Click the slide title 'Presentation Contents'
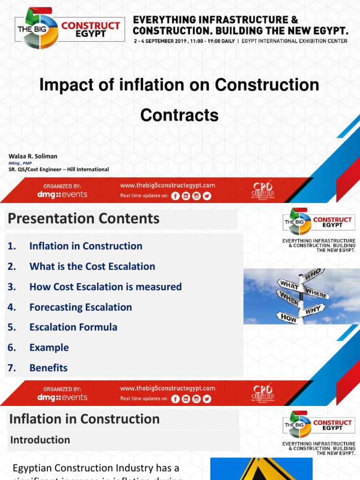[83, 218]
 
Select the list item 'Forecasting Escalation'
[81, 307]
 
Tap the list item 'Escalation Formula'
[73, 327]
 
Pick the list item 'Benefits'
[48, 368]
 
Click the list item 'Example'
[49, 347]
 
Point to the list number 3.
[12, 287]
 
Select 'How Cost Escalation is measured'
[105, 287]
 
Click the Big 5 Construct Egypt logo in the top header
[70, 28]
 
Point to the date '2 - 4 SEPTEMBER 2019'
[169, 41]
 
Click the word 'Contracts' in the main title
[180, 115]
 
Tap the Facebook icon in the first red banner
[175, 196]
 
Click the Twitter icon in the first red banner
[207, 196]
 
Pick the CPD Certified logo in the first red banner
[263, 189]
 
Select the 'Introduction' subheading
[40, 440]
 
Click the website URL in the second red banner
[167, 388]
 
